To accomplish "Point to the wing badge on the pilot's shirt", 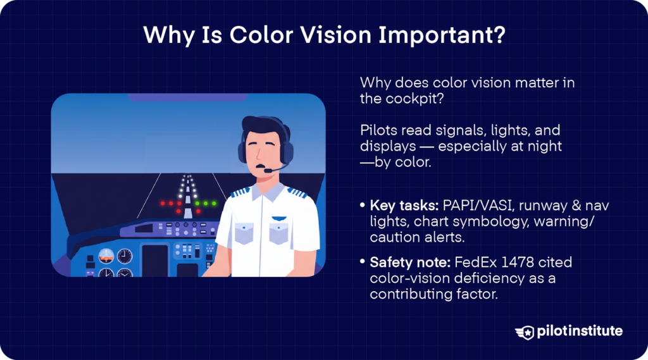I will click(278, 218).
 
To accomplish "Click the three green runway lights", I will click(206, 203).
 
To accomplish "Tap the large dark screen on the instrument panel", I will click(154, 259).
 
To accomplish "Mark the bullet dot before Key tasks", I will click(362, 206).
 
